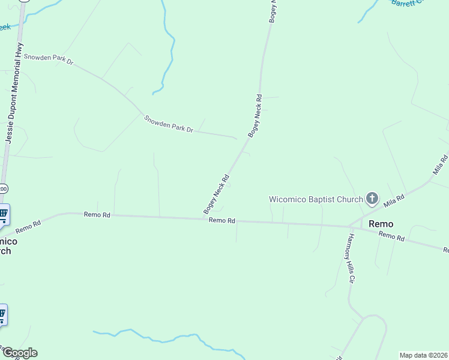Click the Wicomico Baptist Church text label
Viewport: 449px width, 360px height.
315,199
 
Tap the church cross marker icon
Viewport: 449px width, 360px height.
372,198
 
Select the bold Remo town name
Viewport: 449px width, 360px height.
381,224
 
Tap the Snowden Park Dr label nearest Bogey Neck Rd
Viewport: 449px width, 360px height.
169,124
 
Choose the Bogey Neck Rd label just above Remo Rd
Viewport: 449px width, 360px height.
217,194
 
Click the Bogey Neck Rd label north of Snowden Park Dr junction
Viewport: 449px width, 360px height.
255,116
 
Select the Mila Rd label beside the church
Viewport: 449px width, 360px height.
394,200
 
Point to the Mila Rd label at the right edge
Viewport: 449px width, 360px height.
440,164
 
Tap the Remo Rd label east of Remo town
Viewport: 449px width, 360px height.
391,236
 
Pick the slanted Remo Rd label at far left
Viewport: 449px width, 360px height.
28,226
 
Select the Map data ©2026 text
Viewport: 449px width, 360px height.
424,355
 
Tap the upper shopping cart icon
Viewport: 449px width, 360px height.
2,214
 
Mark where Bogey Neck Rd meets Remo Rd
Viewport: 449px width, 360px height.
203,218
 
